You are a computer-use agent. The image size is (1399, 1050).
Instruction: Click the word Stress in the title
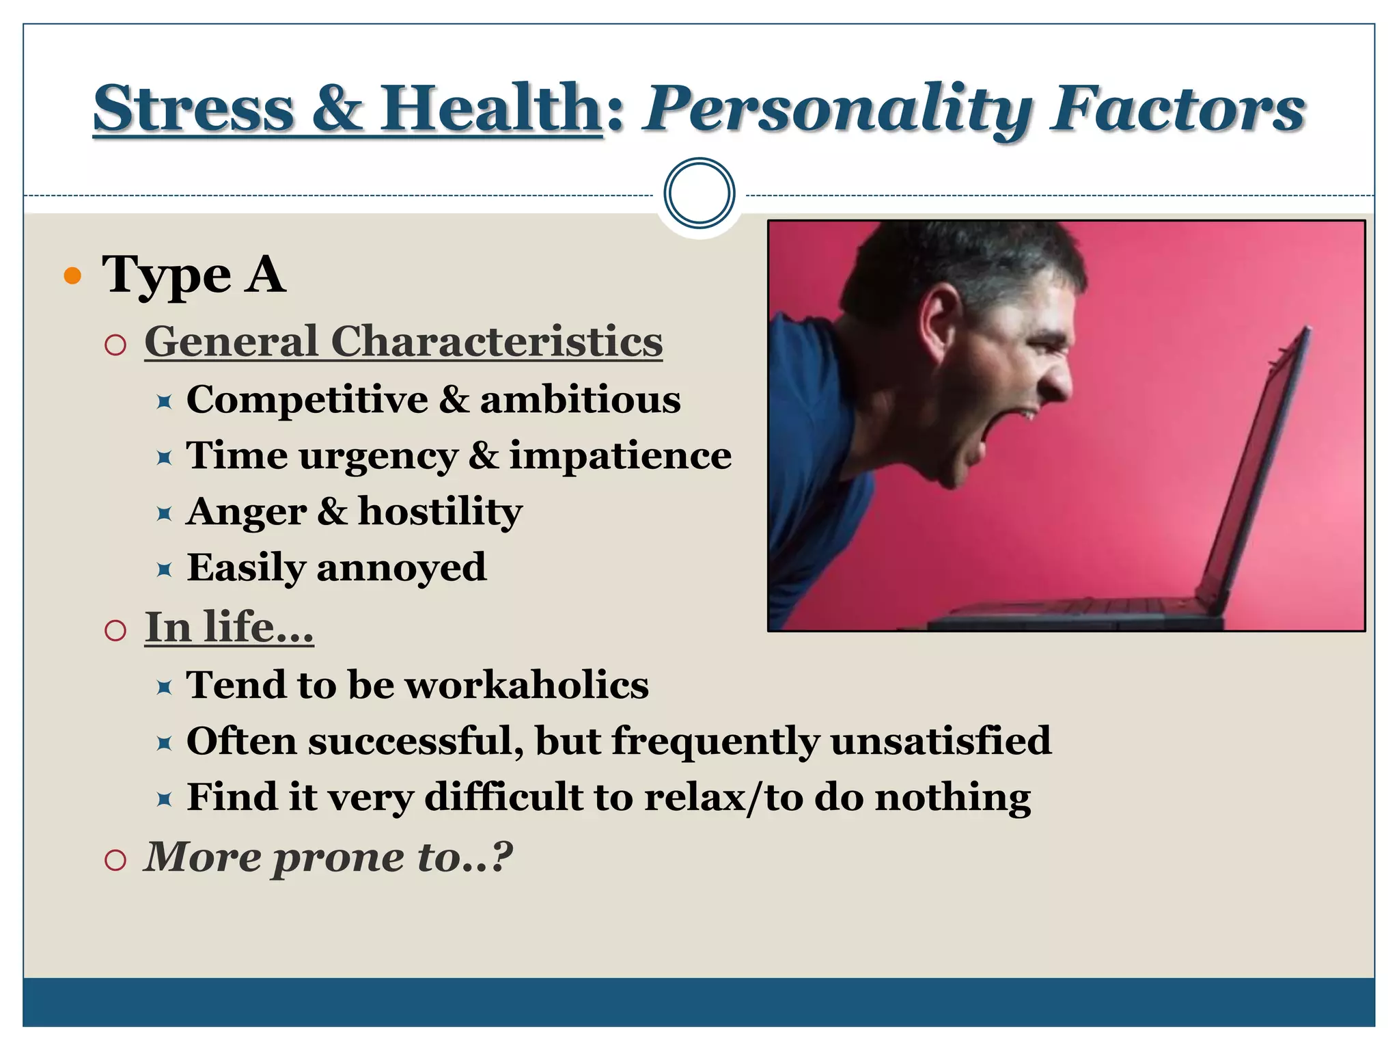(193, 109)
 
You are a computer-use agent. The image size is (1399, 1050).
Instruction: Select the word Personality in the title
(837, 111)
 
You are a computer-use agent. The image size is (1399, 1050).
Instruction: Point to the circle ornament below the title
(699, 193)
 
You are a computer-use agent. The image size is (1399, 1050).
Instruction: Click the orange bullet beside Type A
(72, 276)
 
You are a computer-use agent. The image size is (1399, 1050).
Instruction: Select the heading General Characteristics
(403, 341)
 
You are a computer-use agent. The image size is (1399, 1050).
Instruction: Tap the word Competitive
(307, 401)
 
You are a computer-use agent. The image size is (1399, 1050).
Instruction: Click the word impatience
(620, 456)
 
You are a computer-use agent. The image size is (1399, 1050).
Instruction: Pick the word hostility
(440, 512)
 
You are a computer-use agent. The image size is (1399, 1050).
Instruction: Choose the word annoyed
(402, 568)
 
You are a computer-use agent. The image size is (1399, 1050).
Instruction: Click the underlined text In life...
(229, 627)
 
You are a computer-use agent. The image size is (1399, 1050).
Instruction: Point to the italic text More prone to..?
(328, 857)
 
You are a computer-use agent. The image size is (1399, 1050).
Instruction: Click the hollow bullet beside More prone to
(116, 859)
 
